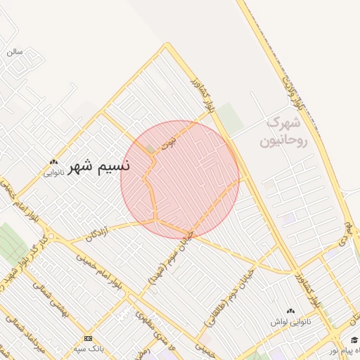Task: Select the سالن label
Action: pyautogui.click(x=15, y=51)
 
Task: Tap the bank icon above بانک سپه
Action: pyautogui.click(x=88, y=338)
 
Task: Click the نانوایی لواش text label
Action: pyautogui.click(x=290, y=321)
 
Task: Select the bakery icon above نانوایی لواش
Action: pyautogui.click(x=290, y=310)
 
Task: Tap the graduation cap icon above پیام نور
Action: pyautogui.click(x=354, y=340)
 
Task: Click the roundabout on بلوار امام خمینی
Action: pyautogui.click(x=51, y=237)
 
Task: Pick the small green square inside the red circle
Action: pyautogui.click(x=149, y=148)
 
